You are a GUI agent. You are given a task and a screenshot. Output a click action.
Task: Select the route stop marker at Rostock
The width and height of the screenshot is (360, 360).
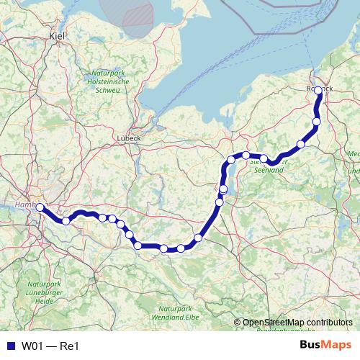(318, 91)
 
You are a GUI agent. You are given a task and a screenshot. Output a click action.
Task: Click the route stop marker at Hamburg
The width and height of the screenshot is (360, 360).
(40, 207)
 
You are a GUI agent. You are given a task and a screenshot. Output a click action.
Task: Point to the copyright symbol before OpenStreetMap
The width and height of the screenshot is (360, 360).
(238, 322)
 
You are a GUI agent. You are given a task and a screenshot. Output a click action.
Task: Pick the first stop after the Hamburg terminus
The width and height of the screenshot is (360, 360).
(66, 221)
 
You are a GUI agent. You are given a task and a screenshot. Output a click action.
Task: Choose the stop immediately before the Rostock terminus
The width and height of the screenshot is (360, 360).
(316, 123)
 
